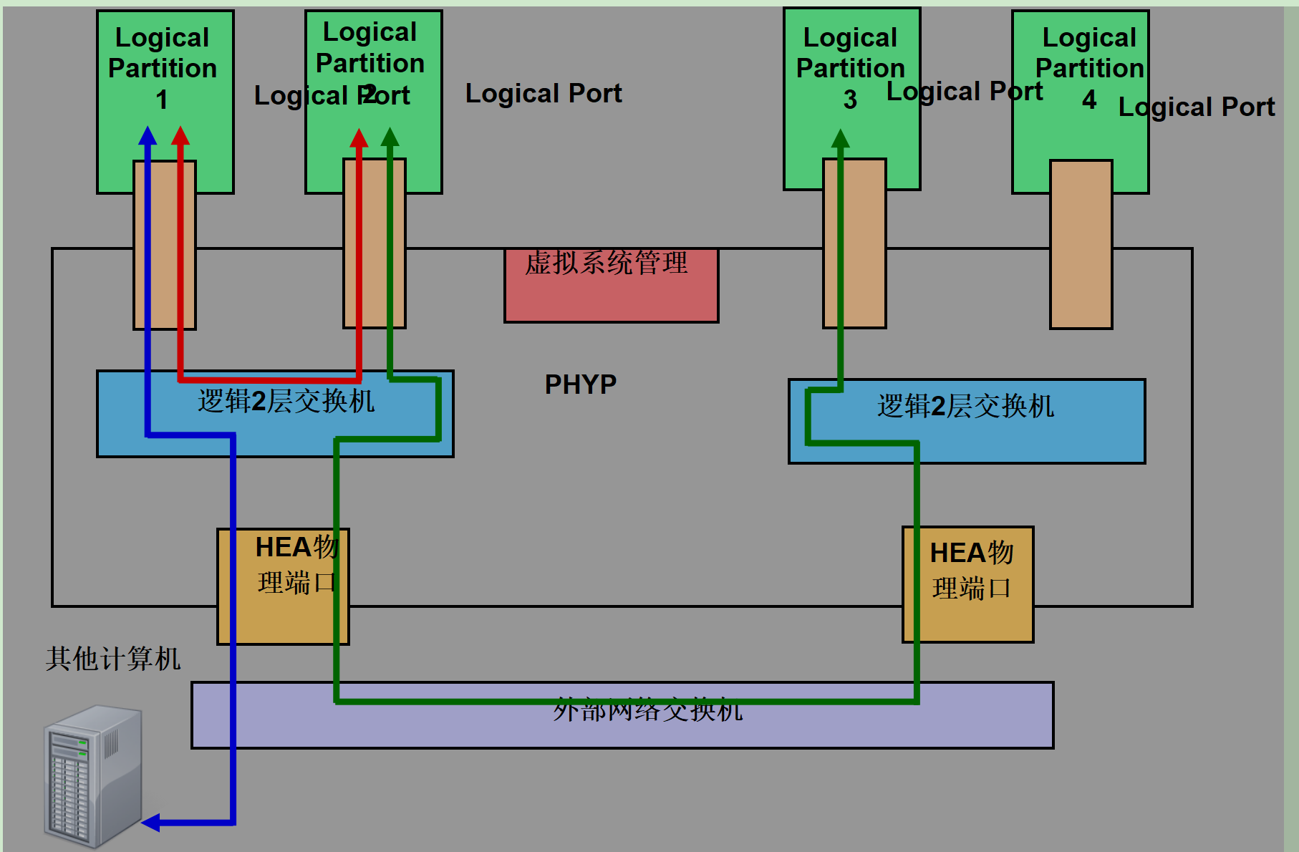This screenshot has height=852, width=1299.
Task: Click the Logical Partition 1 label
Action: point(163,68)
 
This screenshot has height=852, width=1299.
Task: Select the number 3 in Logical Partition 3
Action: point(850,100)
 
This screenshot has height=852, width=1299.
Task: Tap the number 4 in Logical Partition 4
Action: point(1088,100)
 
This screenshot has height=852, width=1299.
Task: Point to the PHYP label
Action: point(580,384)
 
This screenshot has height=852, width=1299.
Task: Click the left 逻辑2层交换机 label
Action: point(286,401)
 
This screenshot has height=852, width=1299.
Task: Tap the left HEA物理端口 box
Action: point(283,586)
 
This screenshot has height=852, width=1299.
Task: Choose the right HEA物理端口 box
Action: point(968,585)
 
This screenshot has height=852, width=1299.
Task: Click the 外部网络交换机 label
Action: point(647,710)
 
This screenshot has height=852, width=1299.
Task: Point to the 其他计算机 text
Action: point(113,659)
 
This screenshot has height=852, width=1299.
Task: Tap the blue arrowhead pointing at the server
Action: point(151,823)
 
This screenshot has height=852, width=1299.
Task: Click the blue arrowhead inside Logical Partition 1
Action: point(148,135)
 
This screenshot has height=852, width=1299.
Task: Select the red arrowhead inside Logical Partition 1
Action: point(180,135)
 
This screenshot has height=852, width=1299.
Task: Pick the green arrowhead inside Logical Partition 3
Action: point(840,138)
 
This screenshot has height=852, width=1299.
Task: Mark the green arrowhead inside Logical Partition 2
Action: point(390,137)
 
